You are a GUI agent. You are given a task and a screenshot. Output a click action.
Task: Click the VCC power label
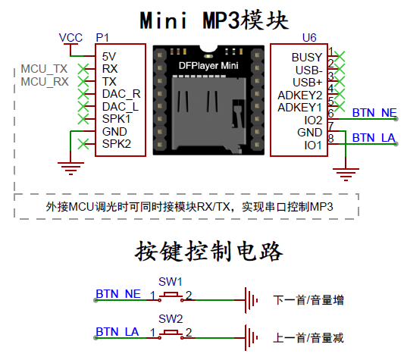click(x=70, y=38)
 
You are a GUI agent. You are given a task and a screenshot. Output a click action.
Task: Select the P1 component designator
click(x=102, y=38)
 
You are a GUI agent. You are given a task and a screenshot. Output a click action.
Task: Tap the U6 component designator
click(x=309, y=38)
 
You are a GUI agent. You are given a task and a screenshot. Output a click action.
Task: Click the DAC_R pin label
click(x=121, y=94)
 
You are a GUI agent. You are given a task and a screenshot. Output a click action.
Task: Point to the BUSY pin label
click(x=307, y=58)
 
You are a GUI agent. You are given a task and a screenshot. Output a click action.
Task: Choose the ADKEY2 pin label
click(x=300, y=95)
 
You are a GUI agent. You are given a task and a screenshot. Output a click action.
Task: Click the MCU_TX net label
click(x=44, y=69)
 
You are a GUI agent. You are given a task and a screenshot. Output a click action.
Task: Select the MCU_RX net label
click(x=45, y=82)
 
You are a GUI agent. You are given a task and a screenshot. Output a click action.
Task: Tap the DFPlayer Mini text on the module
click(x=208, y=66)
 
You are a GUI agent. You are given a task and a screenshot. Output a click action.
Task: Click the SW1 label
click(x=171, y=282)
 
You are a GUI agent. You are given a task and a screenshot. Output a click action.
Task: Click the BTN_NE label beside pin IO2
click(x=374, y=113)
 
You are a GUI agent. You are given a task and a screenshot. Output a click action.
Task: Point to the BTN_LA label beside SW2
click(x=117, y=332)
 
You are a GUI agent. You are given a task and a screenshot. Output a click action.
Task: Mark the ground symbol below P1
click(x=70, y=169)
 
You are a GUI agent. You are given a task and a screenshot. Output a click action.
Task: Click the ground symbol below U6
click(x=346, y=174)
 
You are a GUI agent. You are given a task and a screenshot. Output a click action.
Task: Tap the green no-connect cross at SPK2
click(x=83, y=144)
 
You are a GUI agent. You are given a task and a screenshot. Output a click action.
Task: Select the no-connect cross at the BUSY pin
click(x=340, y=56)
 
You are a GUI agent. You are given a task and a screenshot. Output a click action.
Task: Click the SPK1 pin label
click(x=116, y=119)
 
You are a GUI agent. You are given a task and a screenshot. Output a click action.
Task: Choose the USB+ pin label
click(x=307, y=83)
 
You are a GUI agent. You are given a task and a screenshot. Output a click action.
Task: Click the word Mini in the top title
click(x=164, y=20)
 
